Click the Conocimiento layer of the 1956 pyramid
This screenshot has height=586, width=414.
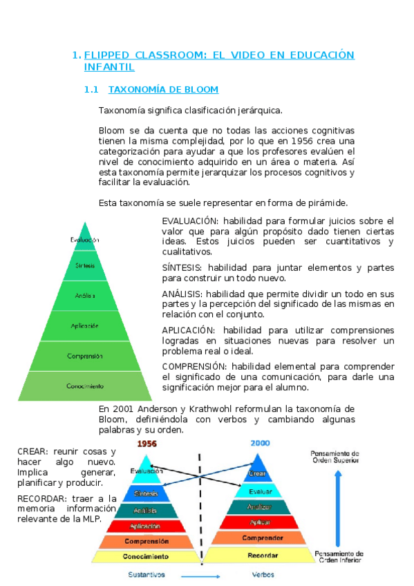click(146, 556)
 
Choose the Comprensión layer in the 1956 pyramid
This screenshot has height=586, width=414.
click(146, 541)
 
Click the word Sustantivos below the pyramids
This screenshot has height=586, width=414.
click(147, 575)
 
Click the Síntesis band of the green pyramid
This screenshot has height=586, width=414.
click(86, 265)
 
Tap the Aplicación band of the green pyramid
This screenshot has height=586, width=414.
click(85, 325)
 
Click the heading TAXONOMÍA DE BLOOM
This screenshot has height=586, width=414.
click(163, 90)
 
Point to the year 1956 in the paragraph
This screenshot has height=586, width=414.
click(302, 141)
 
